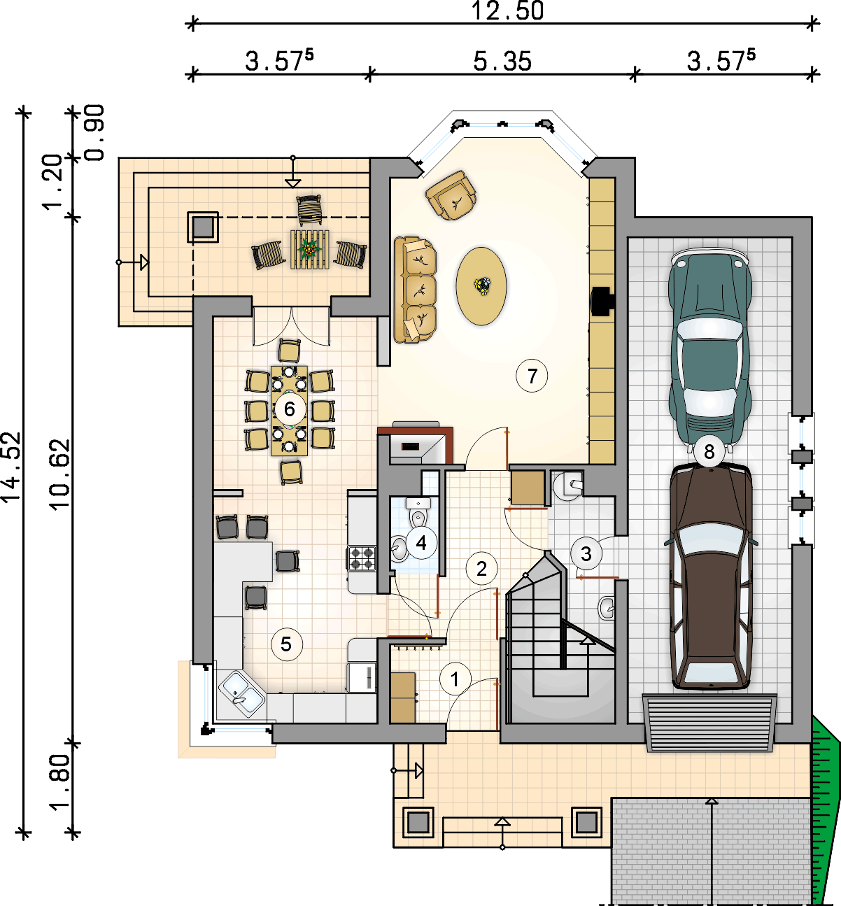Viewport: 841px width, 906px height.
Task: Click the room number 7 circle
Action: pos(532,376)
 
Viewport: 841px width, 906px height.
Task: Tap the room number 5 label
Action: pos(286,644)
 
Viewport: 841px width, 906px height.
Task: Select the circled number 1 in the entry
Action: pos(455,679)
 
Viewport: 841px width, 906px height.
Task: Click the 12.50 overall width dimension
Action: pos(507,10)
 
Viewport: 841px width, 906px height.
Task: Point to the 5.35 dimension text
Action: pos(502,62)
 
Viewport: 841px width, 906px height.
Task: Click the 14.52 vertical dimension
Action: pos(11,467)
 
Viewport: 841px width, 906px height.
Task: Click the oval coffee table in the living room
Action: pos(481,286)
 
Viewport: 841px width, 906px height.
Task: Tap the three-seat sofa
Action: pos(414,289)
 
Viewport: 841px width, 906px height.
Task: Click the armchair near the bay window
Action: pos(451,195)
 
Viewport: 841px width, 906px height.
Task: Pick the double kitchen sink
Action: pos(242,693)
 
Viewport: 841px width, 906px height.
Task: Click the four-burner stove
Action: pos(362,558)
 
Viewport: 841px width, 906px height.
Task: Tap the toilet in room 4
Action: pos(418,512)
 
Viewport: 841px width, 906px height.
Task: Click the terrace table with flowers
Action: pos(310,250)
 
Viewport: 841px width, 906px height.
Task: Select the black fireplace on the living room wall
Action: pos(603,301)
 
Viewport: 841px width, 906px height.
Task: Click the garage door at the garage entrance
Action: pos(709,723)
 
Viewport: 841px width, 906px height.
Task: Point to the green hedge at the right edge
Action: pos(825,807)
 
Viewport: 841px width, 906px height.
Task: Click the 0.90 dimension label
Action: pos(95,133)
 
